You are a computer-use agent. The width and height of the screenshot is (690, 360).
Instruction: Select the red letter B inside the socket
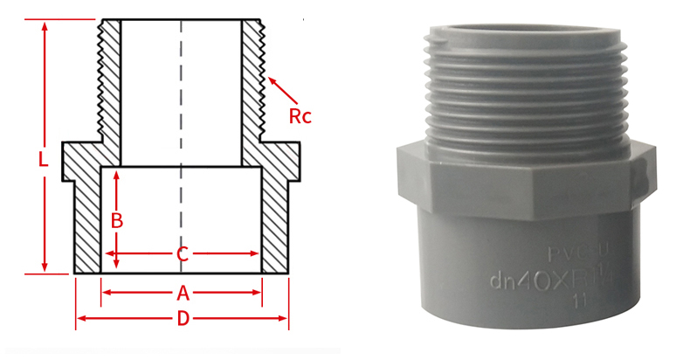(x=116, y=220)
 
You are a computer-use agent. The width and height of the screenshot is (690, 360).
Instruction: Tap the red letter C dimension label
(x=182, y=255)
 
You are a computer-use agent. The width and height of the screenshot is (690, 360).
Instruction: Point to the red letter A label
(x=183, y=293)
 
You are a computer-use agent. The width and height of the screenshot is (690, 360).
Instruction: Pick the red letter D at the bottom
(x=183, y=319)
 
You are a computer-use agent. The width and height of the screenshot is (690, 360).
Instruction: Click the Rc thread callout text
(x=300, y=114)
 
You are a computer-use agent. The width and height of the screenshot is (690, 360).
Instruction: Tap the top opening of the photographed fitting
(x=527, y=31)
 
